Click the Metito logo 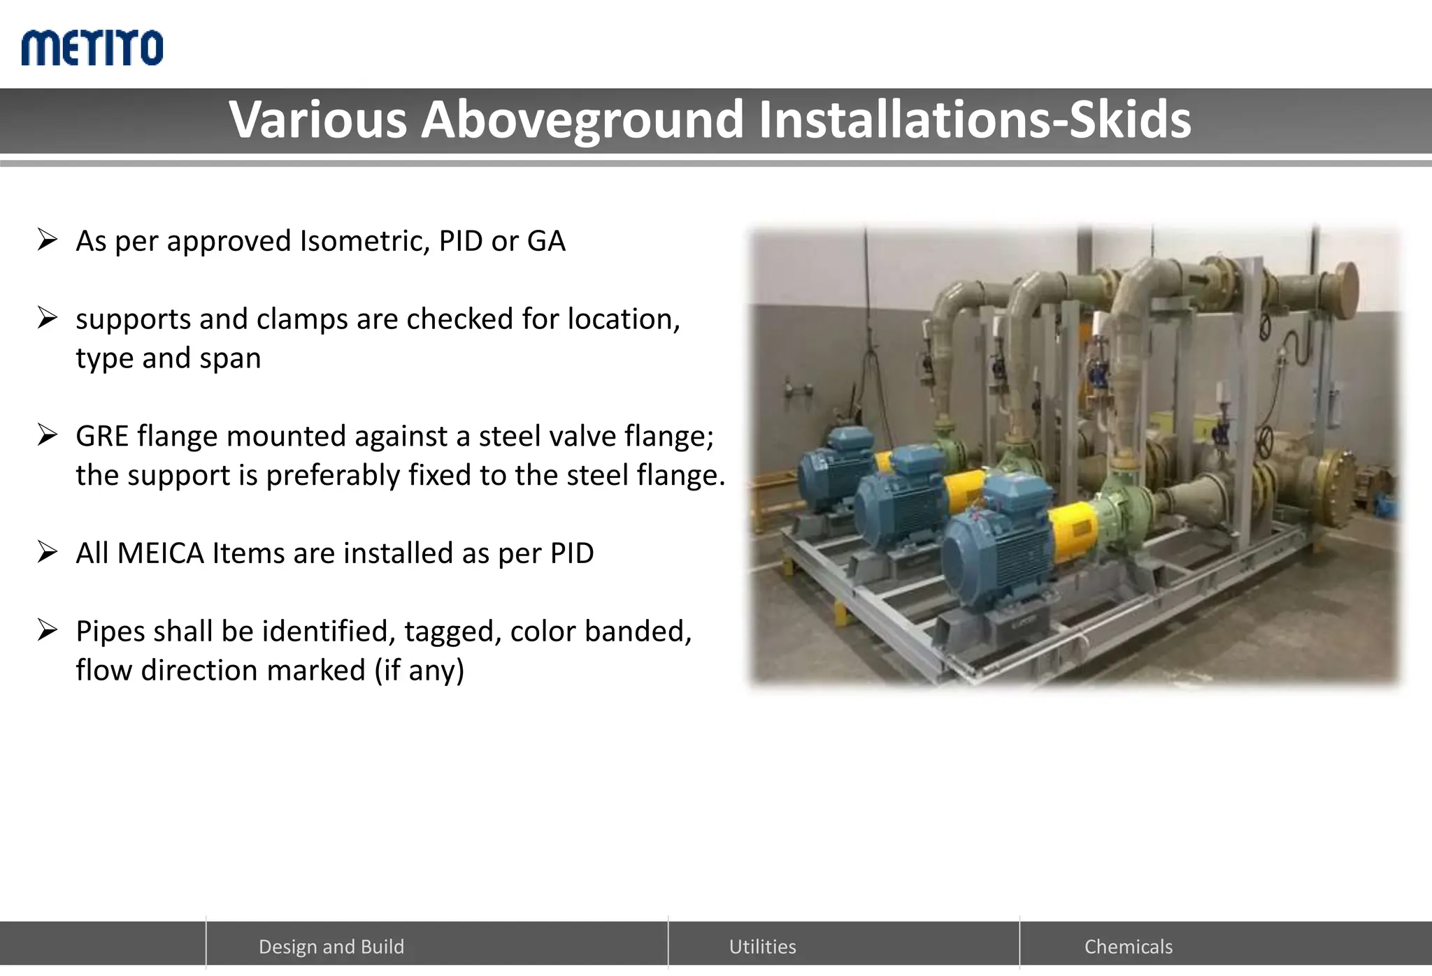pyautogui.click(x=92, y=48)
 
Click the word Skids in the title pyautogui.click(x=1130, y=119)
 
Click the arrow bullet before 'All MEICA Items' pyautogui.click(x=48, y=553)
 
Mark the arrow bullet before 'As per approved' pyautogui.click(x=48, y=240)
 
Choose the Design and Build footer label pyautogui.click(x=331, y=947)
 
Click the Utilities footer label pyautogui.click(x=762, y=947)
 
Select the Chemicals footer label pyautogui.click(x=1128, y=947)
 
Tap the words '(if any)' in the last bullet pyautogui.click(x=419, y=671)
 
